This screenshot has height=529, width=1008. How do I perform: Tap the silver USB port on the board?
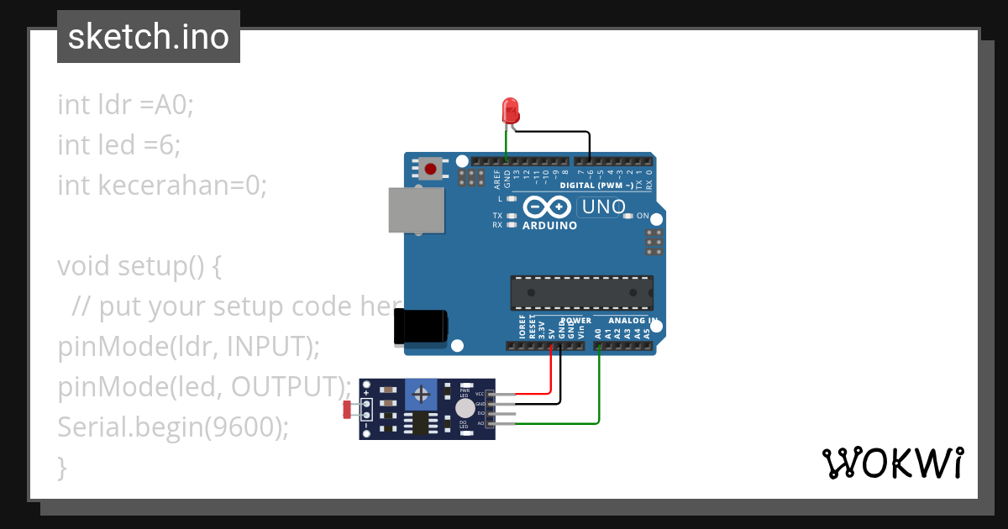[416, 209]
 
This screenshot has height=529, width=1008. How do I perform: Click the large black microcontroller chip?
[581, 291]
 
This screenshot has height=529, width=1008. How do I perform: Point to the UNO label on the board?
[604, 207]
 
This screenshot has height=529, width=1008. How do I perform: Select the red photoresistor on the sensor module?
[348, 410]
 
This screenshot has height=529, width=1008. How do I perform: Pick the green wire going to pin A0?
[599, 395]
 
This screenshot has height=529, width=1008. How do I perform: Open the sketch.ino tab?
[149, 37]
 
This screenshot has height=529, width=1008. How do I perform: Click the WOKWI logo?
[892, 464]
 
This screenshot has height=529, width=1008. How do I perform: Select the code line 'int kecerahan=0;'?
[161, 186]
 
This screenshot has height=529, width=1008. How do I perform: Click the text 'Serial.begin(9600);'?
[172, 427]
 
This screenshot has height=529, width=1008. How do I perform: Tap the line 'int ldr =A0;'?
[125, 105]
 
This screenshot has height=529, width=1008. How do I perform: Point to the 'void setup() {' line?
[139, 266]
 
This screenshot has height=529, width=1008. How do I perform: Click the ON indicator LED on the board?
[627, 216]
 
